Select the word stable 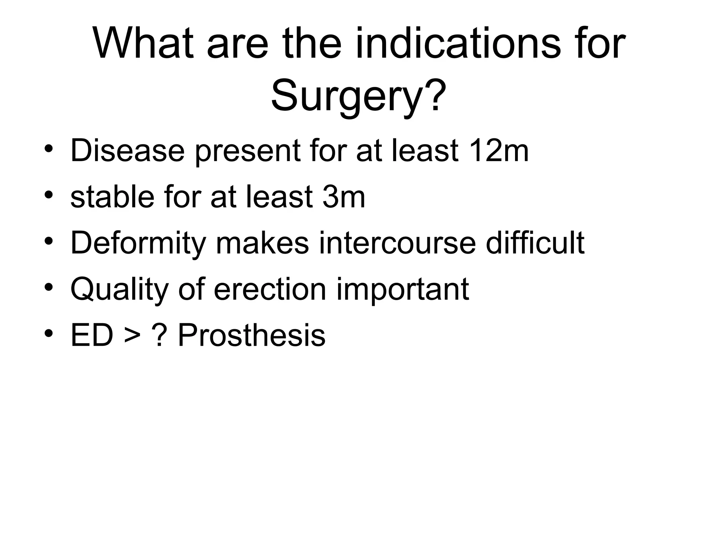coord(112,197)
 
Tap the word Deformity coord(138,243)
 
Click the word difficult coord(535,242)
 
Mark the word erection coord(270,289)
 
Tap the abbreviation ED coord(92,336)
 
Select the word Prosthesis coord(251,336)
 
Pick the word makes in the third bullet coord(262,242)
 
